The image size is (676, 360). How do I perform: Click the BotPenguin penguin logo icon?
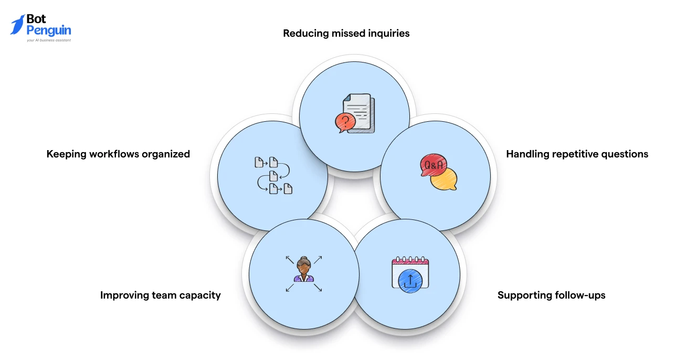(18, 25)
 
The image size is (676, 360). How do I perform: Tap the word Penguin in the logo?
(49, 31)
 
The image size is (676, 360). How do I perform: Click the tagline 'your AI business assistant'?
(49, 40)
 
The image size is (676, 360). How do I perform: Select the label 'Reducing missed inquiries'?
(346, 33)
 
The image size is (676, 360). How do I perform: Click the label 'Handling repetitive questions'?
(577, 154)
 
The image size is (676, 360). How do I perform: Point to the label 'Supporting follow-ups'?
(552, 295)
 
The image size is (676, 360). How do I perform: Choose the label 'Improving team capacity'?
(160, 295)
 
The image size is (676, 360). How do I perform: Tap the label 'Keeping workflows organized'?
(118, 154)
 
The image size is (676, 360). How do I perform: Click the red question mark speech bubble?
(345, 122)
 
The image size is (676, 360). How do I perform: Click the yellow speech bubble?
(444, 179)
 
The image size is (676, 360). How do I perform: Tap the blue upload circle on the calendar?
(410, 281)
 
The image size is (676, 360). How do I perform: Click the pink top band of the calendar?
(410, 261)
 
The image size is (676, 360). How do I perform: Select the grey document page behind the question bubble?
(358, 113)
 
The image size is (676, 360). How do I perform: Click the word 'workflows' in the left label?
(114, 154)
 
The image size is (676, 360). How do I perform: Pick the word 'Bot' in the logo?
(36, 19)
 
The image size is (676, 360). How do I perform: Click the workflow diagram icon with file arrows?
(273, 175)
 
